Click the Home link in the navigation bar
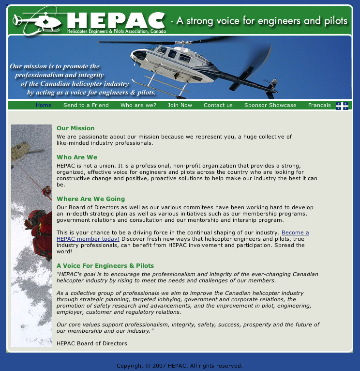(44, 105)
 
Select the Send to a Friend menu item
(86, 105)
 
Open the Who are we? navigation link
(138, 105)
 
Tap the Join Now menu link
(180, 105)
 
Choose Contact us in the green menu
(218, 105)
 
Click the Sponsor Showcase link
(270, 105)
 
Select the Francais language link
(319, 105)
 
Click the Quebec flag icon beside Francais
(342, 106)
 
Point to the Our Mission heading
(75, 128)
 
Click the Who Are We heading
(77, 157)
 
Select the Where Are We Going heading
(90, 199)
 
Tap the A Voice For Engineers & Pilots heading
(105, 266)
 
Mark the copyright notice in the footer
(180, 366)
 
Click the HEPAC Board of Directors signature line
(91, 343)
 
